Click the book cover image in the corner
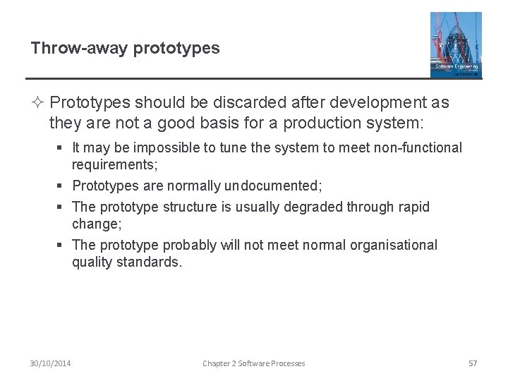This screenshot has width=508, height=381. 456,44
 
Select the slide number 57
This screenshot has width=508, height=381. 473,363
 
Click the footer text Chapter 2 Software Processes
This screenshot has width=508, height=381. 254,363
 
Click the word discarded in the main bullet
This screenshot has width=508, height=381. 236,103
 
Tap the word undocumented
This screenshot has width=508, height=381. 272,186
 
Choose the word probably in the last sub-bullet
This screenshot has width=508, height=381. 190,245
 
